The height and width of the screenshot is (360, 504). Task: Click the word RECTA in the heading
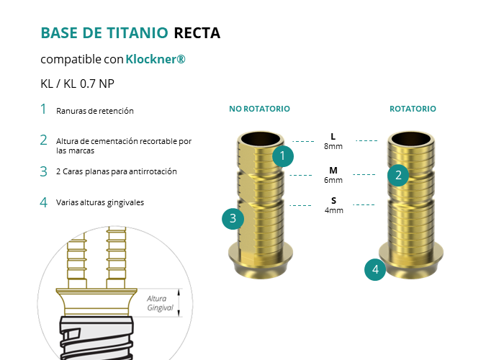coord(197,32)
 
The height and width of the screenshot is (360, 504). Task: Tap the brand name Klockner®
coord(156,59)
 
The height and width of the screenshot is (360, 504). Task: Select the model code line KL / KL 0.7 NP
coord(78,83)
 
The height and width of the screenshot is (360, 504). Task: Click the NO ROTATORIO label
coord(259,109)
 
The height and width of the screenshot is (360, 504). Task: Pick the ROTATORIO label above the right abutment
coord(413,109)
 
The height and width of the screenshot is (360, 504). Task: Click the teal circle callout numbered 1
coord(283,155)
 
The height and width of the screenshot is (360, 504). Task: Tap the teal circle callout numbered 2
coord(397,174)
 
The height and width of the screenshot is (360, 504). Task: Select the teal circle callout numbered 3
coord(232,219)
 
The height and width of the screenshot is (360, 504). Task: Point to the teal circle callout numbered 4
coord(374,270)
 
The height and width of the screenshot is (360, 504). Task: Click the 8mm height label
coord(333,146)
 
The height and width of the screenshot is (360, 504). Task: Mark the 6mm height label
coord(333,180)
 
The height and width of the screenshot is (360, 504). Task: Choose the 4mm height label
coord(333,210)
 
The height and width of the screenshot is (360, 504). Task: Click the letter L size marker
coord(333,136)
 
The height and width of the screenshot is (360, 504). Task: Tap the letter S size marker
coord(333,200)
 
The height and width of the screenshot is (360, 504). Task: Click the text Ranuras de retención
coord(95,111)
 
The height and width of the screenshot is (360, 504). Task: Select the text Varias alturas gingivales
coord(100,202)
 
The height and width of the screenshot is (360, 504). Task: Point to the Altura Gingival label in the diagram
coord(161,303)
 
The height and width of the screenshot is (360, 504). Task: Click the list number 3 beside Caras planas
coord(44,171)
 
